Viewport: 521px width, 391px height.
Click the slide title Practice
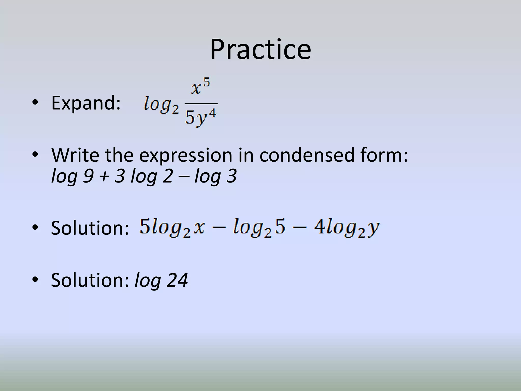tap(260, 50)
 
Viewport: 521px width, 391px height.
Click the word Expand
tap(86, 103)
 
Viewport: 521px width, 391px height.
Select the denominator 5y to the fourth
tap(201, 117)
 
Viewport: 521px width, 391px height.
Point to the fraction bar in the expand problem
tap(201, 104)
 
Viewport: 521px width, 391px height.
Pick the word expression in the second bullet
tap(185, 155)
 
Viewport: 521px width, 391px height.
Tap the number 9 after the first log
tap(88, 176)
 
